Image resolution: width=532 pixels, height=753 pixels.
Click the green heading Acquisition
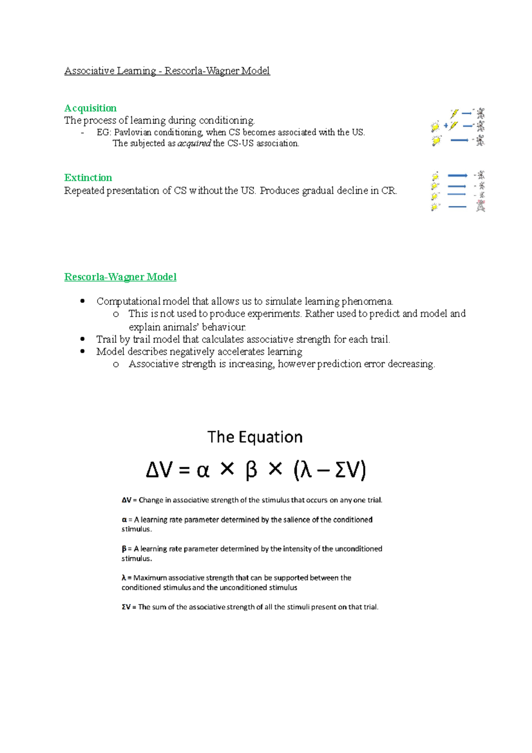[90, 108]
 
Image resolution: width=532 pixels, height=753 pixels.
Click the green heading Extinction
[88, 178]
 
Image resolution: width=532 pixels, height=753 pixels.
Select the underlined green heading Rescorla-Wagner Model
[120, 277]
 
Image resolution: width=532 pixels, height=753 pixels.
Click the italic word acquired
[194, 144]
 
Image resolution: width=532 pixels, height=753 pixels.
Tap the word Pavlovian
[133, 132]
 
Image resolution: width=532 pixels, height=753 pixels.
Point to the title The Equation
[255, 437]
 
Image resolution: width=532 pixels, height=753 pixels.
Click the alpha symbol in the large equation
[203, 471]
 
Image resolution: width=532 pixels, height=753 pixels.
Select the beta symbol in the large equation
[251, 470]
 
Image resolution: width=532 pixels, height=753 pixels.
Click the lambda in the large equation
[306, 471]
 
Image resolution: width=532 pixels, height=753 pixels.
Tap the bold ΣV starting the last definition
[126, 607]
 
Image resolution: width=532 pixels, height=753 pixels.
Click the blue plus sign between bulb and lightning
[446, 126]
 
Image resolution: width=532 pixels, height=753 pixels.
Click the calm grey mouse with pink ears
[481, 206]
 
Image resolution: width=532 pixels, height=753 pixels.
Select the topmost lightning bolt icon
[454, 114]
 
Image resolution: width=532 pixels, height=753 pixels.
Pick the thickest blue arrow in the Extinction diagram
[457, 176]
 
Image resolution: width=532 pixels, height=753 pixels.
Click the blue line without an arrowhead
[457, 207]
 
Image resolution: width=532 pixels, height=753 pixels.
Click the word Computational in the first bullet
[129, 302]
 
